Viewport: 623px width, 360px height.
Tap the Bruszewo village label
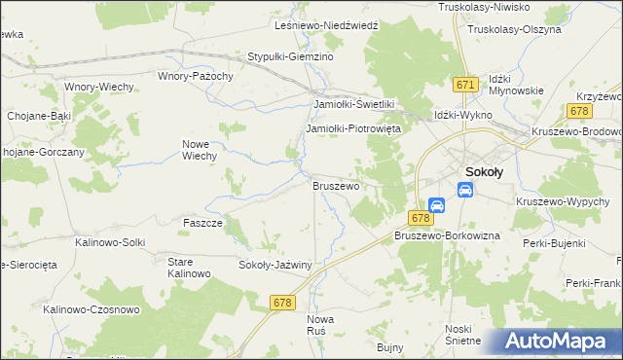[336, 184]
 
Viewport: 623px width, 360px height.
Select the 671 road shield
[465, 86]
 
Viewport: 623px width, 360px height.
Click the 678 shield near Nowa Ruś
[282, 304]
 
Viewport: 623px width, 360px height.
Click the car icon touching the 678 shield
[437, 205]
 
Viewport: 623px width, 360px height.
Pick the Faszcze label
[203, 223]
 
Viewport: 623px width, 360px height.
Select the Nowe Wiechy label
[199, 149]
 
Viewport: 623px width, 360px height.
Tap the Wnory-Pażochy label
[196, 75]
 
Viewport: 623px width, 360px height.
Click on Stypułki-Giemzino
[291, 57]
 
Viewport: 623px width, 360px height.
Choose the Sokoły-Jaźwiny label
[275, 264]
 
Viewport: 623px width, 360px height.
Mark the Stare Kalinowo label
[189, 268]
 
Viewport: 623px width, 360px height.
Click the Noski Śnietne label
[462, 334]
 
